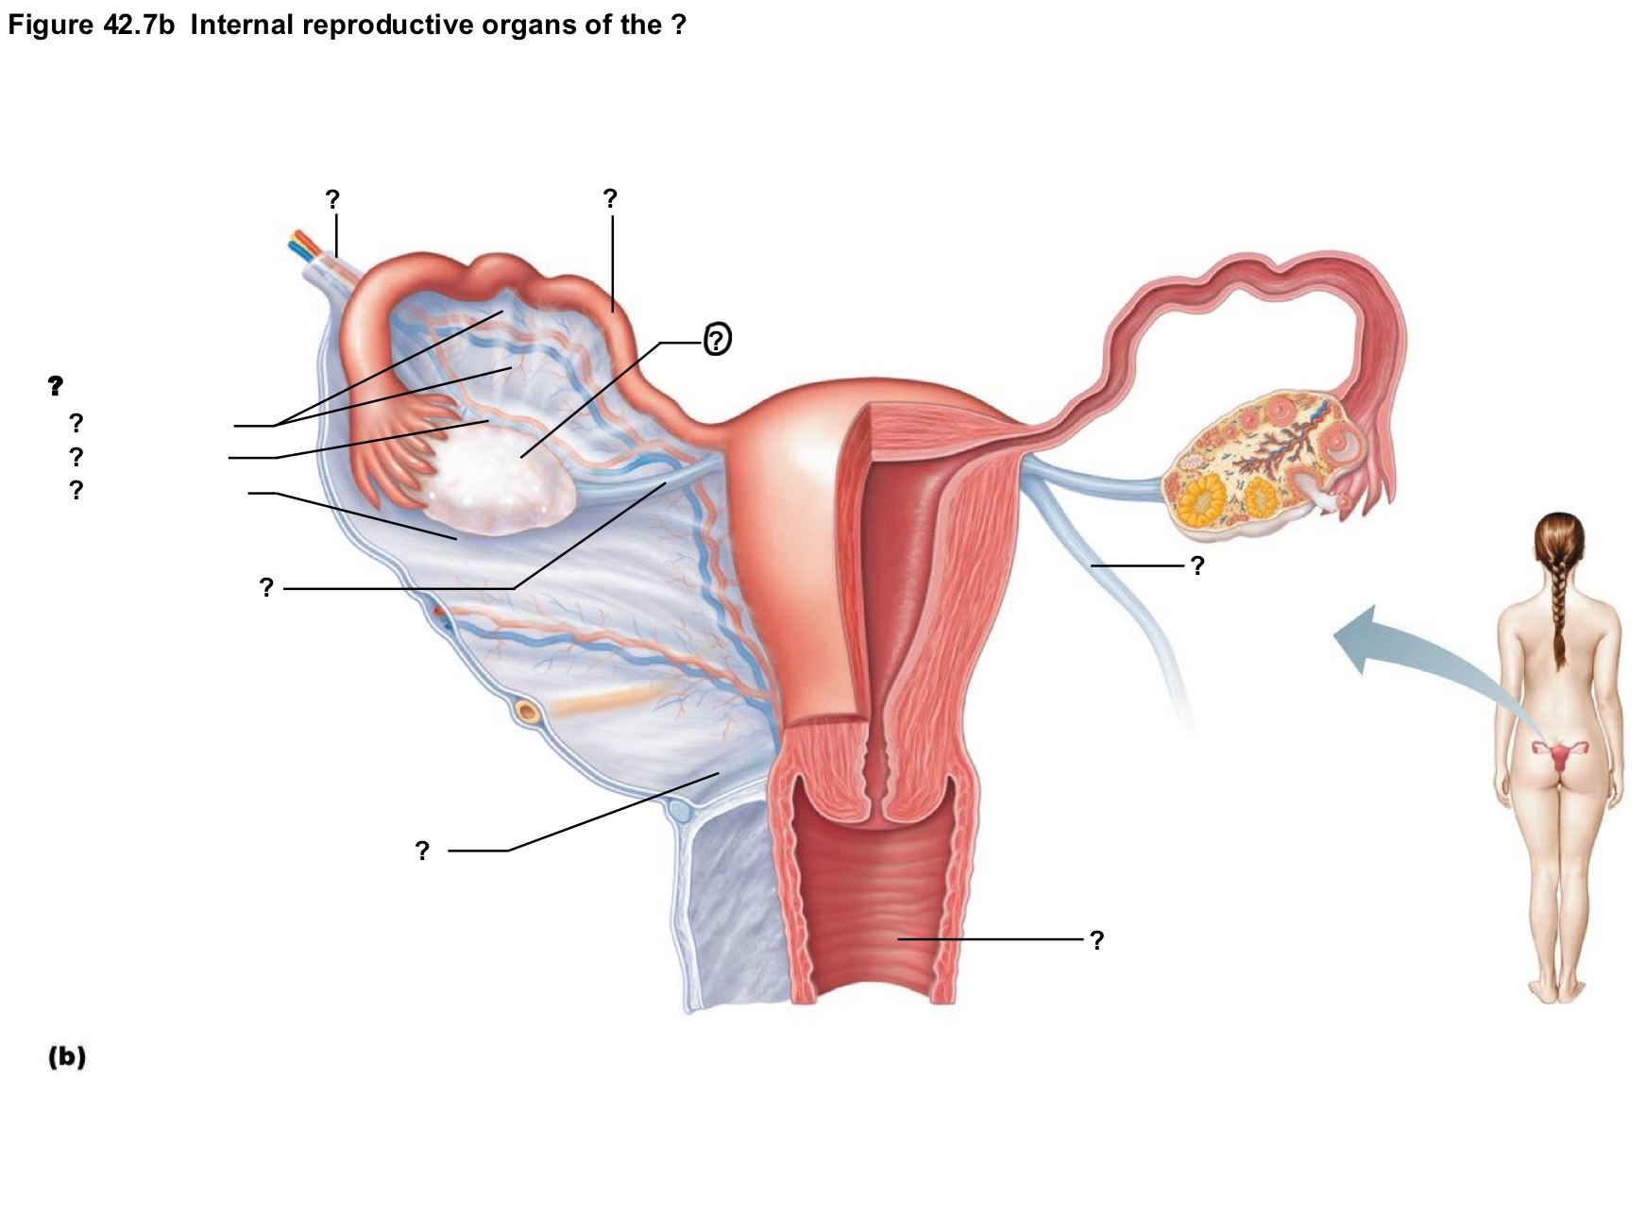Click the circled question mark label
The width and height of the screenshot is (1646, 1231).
coord(718,339)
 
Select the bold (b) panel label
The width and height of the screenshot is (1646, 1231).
coord(67,1056)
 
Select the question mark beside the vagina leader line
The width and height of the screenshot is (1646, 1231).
coord(1096,940)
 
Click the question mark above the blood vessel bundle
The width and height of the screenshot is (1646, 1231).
coord(332,199)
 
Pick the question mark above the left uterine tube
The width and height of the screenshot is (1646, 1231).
coord(610,198)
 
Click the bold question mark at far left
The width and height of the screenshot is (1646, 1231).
coord(56,385)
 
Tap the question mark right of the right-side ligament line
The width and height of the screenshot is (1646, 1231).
coord(1197,565)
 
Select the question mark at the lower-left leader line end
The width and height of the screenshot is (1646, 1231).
coord(422,851)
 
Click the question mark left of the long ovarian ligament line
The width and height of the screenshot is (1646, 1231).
coord(266,588)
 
